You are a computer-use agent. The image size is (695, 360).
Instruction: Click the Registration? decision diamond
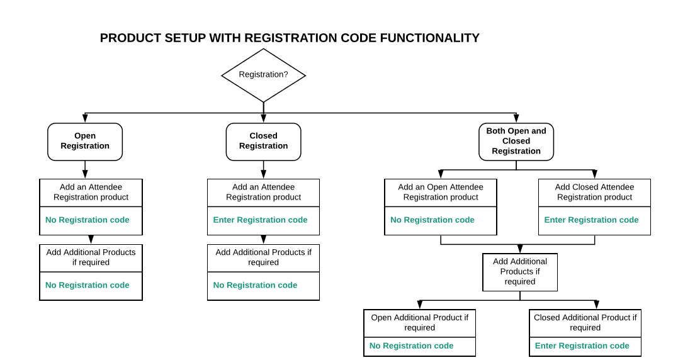pyautogui.click(x=263, y=75)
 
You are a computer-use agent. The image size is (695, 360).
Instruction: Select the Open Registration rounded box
pyautogui.click(x=85, y=141)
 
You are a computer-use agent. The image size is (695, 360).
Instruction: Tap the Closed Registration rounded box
pyautogui.click(x=263, y=141)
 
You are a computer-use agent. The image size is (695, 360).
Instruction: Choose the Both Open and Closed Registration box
pyautogui.click(x=516, y=141)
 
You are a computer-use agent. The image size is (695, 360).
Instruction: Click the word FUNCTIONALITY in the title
pyautogui.click(x=429, y=38)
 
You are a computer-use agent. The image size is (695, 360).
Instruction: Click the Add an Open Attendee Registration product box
pyautogui.click(x=441, y=193)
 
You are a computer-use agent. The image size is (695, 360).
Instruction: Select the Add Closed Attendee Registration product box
pyautogui.click(x=594, y=193)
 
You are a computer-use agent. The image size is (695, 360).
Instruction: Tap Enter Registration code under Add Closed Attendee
pyautogui.click(x=591, y=220)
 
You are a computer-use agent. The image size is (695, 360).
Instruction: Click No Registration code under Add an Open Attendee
pyautogui.click(x=432, y=220)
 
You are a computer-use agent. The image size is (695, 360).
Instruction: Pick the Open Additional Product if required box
pyautogui.click(x=420, y=323)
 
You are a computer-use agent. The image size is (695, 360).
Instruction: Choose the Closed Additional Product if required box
pyautogui.click(x=585, y=323)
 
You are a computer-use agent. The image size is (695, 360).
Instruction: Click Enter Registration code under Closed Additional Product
pyautogui.click(x=582, y=346)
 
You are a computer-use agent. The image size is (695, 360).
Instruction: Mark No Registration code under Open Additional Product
pyautogui.click(x=411, y=346)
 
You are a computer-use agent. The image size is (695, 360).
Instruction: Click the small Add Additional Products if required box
pyautogui.click(x=520, y=272)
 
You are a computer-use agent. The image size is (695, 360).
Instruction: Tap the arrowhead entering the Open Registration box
pyautogui.click(x=85, y=118)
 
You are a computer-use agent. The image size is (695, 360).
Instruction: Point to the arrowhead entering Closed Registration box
pyautogui.click(x=263, y=118)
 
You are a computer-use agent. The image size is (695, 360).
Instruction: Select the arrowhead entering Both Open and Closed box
pyautogui.click(x=516, y=118)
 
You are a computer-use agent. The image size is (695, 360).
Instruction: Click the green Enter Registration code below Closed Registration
pyautogui.click(x=260, y=220)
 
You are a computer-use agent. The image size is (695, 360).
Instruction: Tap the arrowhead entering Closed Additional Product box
pyautogui.click(x=596, y=305)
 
